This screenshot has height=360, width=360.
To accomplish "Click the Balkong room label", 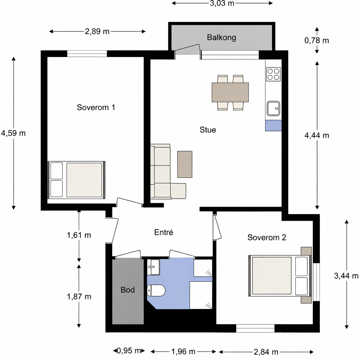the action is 221,37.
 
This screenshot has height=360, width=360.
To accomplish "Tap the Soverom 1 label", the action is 96,107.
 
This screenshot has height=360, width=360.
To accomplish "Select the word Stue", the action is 208,130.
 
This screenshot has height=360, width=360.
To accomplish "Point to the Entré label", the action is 163,232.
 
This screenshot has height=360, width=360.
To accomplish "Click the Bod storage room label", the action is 127,290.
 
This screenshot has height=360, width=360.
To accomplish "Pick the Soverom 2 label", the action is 267,237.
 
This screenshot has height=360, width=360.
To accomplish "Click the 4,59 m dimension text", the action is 13,133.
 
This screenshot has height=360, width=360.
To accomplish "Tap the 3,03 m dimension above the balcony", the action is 222,3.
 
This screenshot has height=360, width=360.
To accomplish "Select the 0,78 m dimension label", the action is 317,40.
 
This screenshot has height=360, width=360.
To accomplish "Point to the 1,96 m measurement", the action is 183,352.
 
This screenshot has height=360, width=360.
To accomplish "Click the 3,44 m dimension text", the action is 346,276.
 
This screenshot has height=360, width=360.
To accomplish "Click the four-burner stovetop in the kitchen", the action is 273,74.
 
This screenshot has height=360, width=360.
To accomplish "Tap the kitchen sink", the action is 273,108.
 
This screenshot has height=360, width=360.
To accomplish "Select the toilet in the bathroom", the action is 156,290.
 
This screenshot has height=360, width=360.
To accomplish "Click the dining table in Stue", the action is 230,92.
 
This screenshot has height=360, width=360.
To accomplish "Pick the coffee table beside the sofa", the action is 185,164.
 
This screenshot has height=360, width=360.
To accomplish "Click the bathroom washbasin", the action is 153,267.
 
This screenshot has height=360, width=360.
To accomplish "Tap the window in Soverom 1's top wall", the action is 87,53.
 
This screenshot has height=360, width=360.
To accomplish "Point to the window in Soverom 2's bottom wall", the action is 255,328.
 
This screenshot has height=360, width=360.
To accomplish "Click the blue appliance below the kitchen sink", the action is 273,126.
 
